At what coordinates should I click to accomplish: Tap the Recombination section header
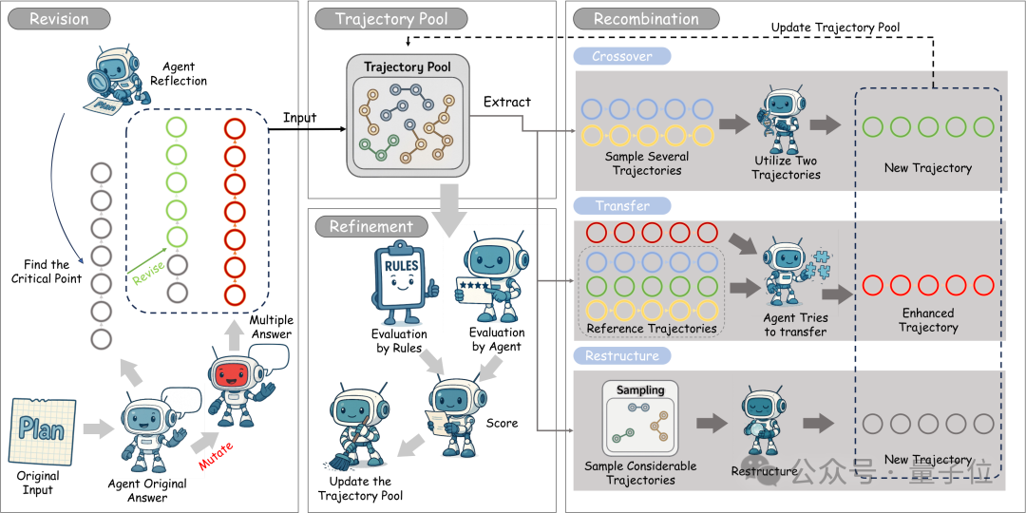point(647,18)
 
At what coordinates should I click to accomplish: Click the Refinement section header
point(371,227)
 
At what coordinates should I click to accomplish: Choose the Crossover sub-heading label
point(622,56)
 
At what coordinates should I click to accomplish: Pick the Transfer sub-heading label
point(622,206)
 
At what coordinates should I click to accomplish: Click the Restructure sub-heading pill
point(622,356)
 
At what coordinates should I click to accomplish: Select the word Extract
point(507,102)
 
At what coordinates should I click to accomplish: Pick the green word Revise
point(148,270)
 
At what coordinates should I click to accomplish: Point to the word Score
point(502,423)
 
